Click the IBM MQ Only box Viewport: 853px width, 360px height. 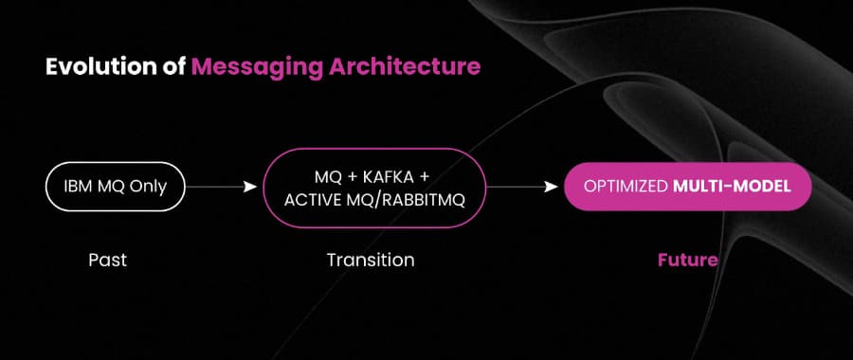click(x=108, y=187)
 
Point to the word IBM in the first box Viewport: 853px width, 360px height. click(x=78, y=187)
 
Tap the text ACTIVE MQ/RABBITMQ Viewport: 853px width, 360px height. click(x=371, y=199)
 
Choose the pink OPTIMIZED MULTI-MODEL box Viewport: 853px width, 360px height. click(x=688, y=187)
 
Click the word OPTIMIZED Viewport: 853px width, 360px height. click(x=626, y=187)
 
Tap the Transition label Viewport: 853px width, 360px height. click(x=371, y=259)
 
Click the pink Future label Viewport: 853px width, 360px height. click(x=687, y=259)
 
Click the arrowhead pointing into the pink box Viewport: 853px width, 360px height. click(x=552, y=187)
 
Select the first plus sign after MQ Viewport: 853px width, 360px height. click(x=348, y=176)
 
